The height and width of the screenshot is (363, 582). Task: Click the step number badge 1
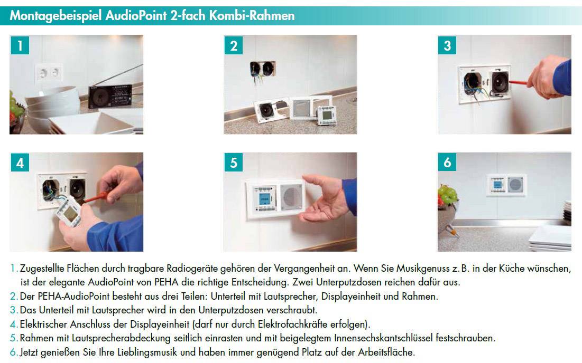point(20,46)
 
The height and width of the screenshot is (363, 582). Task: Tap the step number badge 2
point(234,46)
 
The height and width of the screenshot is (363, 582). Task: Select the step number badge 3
point(447,46)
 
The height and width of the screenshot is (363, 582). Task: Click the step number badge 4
point(20,163)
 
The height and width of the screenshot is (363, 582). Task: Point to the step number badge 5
point(234,163)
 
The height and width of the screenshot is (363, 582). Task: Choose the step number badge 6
point(447,163)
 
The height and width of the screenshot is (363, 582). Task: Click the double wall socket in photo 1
point(48,72)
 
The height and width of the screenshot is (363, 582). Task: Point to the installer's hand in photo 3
point(544,79)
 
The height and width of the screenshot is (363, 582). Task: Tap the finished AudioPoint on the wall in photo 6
point(506,184)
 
